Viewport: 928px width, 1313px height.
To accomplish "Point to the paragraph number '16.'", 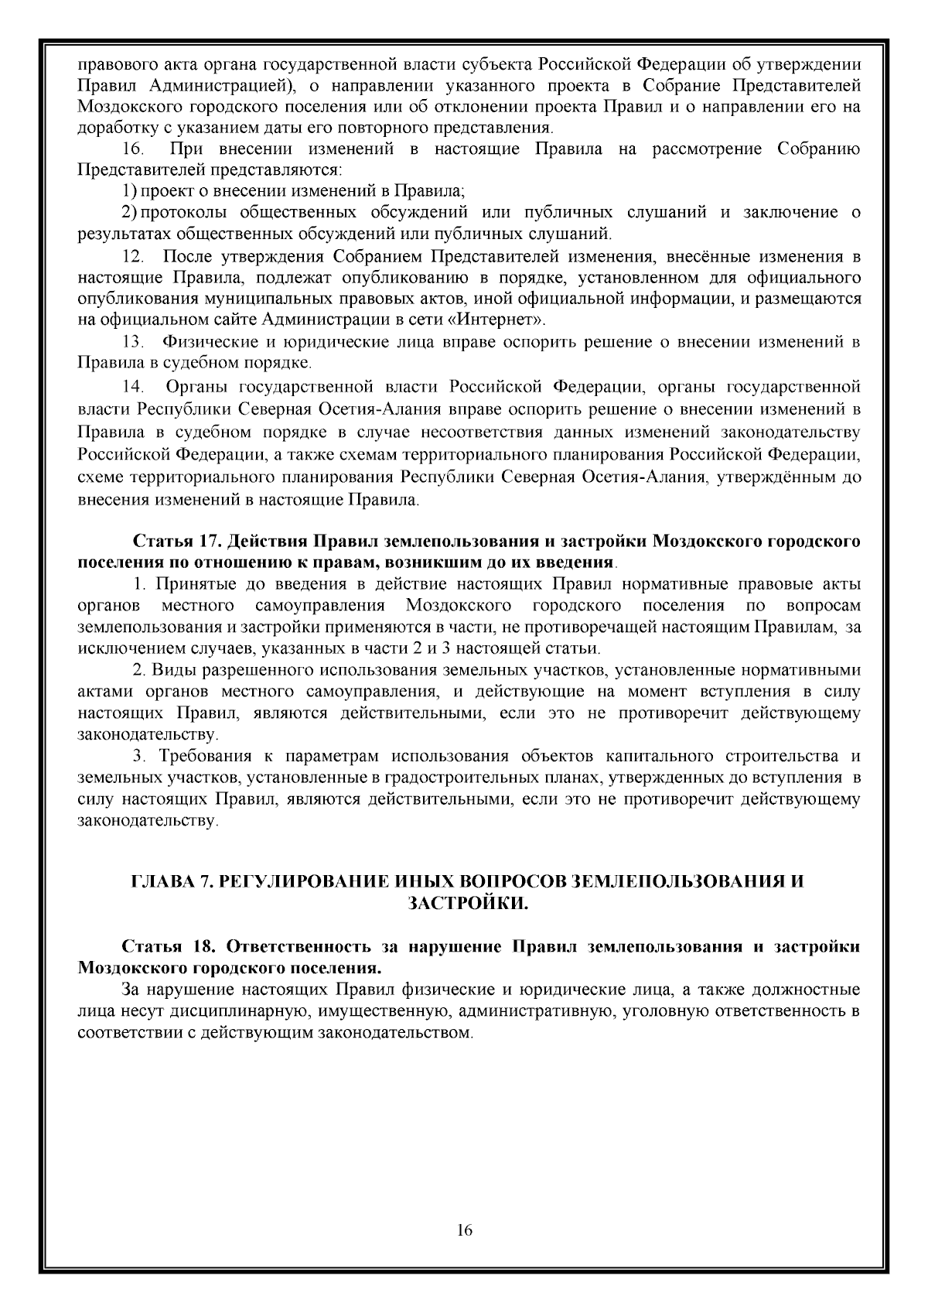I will point(134,149).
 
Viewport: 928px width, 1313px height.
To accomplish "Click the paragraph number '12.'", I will point(134,255).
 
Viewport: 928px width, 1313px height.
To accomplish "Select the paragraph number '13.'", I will point(134,341).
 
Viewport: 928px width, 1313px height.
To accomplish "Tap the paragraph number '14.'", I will point(134,385).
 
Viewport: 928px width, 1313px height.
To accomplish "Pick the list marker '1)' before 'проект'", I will point(131,190).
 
